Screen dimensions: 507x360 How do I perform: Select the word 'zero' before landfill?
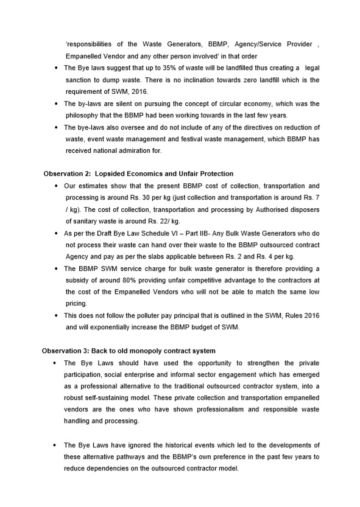pos(256,80)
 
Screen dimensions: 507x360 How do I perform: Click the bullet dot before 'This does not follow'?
pos(56,315)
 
